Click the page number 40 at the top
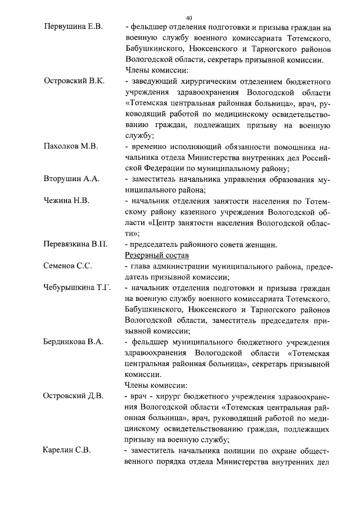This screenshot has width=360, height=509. (x=188, y=17)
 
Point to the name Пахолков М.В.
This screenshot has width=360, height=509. (x=71, y=146)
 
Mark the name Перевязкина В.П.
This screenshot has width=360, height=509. (x=75, y=244)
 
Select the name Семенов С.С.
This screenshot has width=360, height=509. (x=68, y=265)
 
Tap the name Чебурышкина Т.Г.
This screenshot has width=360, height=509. (x=78, y=287)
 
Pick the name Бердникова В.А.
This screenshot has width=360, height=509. (x=73, y=342)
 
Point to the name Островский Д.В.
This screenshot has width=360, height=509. (x=74, y=396)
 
